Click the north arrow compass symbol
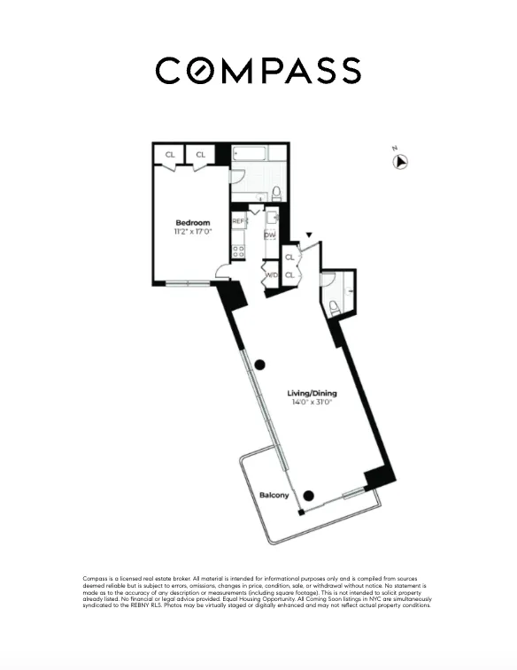click(401, 161)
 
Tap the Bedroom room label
click(192, 222)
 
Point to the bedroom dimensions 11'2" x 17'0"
click(192, 232)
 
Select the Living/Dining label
click(312, 393)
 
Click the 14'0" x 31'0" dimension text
click(312, 403)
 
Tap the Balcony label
click(274, 495)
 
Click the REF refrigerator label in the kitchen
click(238, 221)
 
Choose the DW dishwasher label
click(270, 235)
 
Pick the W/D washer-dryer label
click(271, 275)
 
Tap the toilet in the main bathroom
click(276, 192)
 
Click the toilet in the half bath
click(335, 307)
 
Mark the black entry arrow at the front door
click(308, 235)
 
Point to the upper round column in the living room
click(260, 365)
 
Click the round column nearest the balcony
click(309, 497)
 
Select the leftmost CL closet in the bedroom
click(169, 154)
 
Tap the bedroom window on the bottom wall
click(188, 283)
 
